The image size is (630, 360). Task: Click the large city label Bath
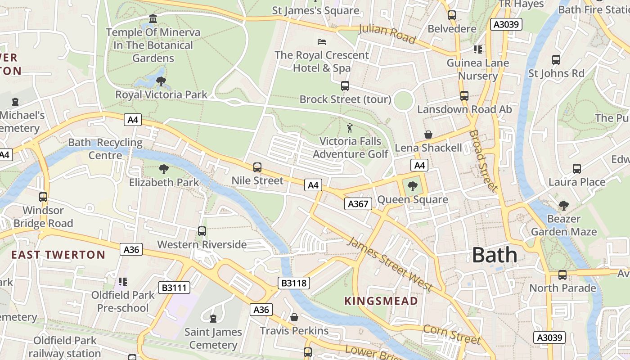495,255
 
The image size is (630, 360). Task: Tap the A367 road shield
358,204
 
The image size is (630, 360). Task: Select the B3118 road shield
293,283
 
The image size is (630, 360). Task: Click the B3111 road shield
174,288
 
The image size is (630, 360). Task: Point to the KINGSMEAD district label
381,301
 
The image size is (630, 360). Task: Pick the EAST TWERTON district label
58,255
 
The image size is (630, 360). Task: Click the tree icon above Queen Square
412,186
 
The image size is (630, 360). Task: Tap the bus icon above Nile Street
257,167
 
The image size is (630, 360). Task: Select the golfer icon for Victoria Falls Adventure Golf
350,128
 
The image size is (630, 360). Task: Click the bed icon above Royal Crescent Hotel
322,42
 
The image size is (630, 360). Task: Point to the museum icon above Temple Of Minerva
153,19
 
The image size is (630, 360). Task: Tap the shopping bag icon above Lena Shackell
428,135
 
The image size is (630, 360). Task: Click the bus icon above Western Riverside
202,231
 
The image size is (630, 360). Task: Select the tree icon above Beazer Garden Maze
563,206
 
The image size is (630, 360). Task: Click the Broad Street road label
483,161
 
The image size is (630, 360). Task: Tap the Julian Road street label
387,34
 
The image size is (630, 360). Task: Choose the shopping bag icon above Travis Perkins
294,318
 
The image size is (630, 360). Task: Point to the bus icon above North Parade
562,275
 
